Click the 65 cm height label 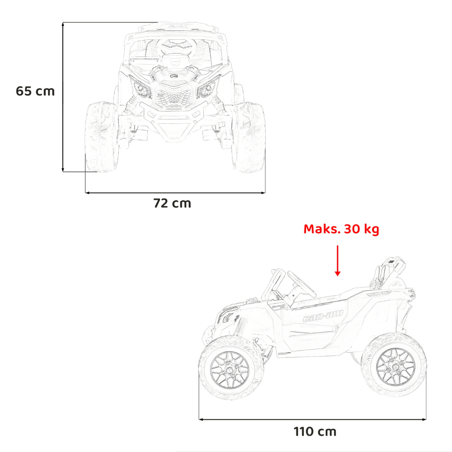pyautogui.click(x=35, y=91)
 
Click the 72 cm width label pyautogui.click(x=172, y=203)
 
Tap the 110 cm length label pyautogui.click(x=315, y=432)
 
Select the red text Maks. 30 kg pyautogui.click(x=341, y=229)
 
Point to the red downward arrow pyautogui.click(x=338, y=261)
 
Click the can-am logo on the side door pyautogui.click(x=323, y=315)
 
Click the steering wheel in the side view pyautogui.click(x=301, y=284)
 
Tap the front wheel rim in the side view pyautogui.click(x=230, y=370)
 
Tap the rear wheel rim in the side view pyautogui.click(x=396, y=367)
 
